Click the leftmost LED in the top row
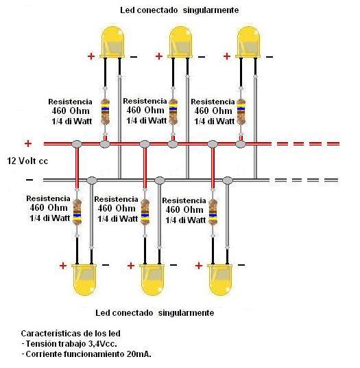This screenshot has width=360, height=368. click(x=112, y=42)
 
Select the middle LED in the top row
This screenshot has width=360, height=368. click(x=180, y=42)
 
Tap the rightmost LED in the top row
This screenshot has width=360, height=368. click(x=248, y=42)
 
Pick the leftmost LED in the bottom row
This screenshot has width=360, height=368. click(x=84, y=279)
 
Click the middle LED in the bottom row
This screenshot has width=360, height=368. click(x=152, y=279)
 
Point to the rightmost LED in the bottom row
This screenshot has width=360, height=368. click(x=220, y=279)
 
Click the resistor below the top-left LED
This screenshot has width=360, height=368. click(x=105, y=112)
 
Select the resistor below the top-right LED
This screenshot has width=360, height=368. click(x=241, y=112)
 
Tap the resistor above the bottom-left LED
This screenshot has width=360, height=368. click(x=77, y=212)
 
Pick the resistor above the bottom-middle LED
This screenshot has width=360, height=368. click(x=145, y=212)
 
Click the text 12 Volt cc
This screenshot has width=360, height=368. click(x=27, y=161)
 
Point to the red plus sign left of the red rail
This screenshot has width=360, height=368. click(x=28, y=143)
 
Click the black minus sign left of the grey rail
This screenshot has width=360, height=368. click(x=29, y=180)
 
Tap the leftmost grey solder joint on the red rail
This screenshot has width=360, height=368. click(x=77, y=144)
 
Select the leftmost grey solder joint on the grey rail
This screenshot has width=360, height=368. click(x=92, y=181)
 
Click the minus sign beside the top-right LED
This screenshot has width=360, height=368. click(x=269, y=57)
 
